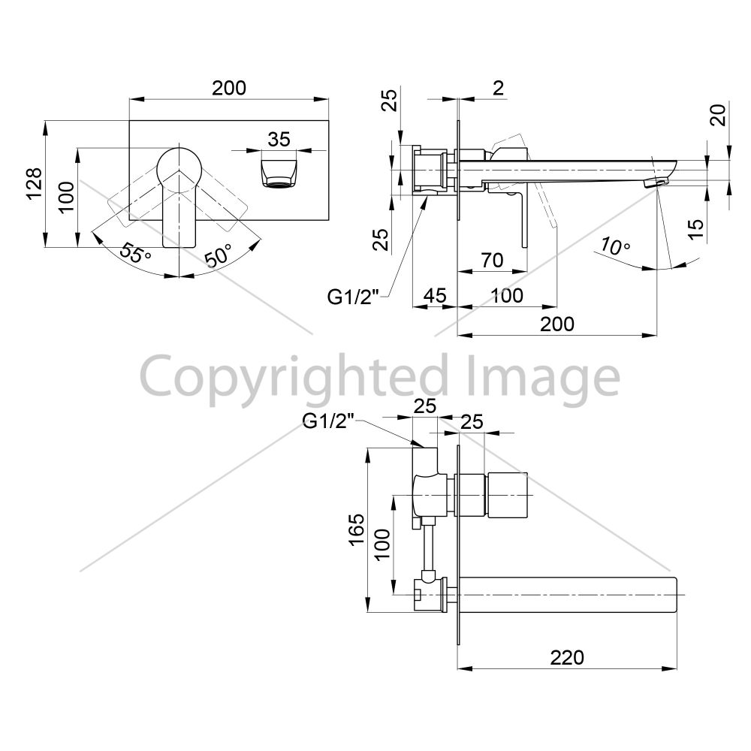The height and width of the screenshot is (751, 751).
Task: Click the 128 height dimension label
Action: tap(34, 184)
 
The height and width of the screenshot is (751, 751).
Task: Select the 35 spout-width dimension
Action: tap(279, 140)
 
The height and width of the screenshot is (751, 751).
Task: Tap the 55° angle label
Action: tap(135, 252)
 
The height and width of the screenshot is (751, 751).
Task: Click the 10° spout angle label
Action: tap(614, 246)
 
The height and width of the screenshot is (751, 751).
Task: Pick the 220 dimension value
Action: tap(567, 658)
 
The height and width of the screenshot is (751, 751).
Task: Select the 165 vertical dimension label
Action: tap(357, 529)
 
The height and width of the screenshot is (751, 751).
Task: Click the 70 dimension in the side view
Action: tap(492, 260)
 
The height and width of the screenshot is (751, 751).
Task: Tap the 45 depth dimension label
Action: tap(435, 295)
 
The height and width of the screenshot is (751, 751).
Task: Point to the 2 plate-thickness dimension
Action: tap(498, 88)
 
